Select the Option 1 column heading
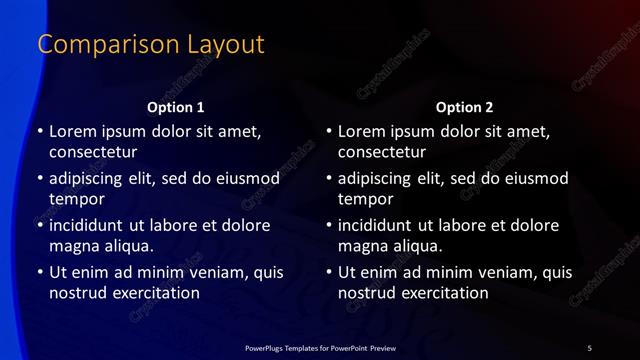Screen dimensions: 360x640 (176, 107)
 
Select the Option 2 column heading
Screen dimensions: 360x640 (465, 107)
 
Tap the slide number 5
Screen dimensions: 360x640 (590, 347)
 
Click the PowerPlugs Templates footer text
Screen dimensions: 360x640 (320, 347)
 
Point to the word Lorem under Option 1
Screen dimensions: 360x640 (72, 131)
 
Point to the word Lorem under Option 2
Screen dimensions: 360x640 (361, 131)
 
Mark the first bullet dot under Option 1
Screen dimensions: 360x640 (40, 132)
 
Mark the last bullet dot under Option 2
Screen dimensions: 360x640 (329, 272)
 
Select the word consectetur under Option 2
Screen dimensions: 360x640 (382, 153)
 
